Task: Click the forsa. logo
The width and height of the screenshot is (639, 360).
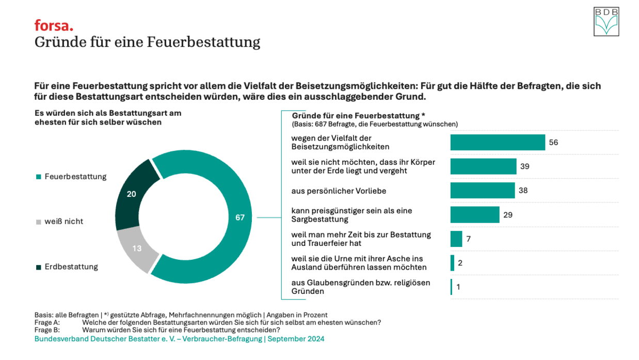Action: click(x=54, y=25)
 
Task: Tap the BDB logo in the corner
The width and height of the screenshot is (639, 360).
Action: click(x=606, y=22)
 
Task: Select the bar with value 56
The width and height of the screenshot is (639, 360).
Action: click(x=498, y=142)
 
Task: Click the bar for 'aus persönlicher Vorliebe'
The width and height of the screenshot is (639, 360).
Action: click(x=483, y=190)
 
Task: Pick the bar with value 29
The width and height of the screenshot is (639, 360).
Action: click(x=475, y=214)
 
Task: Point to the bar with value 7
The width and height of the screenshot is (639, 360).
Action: click(x=456, y=239)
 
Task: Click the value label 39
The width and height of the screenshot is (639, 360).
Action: click(x=525, y=166)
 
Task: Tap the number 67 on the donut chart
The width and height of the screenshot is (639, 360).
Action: click(x=240, y=217)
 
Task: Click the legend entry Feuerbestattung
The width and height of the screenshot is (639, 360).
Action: click(x=75, y=177)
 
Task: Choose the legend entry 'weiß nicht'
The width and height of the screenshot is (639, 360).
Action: click(x=63, y=222)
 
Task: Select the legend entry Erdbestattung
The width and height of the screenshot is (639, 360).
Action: click(x=71, y=267)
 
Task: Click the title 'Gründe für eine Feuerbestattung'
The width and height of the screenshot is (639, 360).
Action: click(x=147, y=42)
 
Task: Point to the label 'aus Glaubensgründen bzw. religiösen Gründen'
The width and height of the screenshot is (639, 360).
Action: click(x=360, y=287)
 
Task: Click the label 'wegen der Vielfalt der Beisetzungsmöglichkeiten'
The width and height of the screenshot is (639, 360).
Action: click(x=340, y=142)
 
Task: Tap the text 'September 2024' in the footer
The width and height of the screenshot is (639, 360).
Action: click(x=296, y=339)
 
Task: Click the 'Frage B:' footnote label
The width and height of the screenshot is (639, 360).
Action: click(x=47, y=330)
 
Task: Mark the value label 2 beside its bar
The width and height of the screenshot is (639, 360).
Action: click(x=460, y=263)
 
